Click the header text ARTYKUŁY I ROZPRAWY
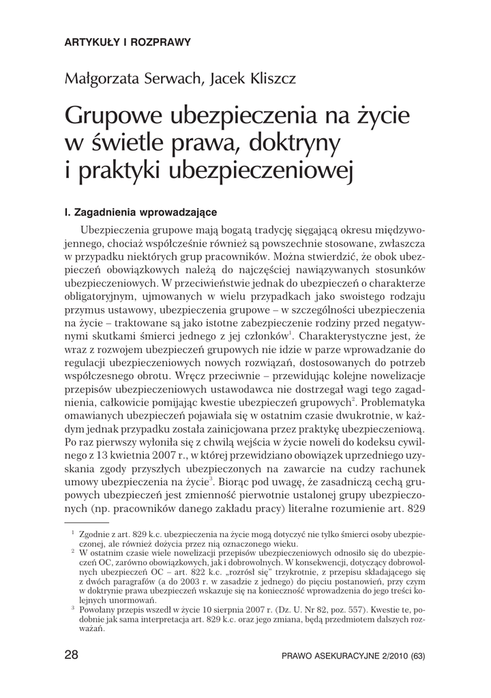coord(126,42)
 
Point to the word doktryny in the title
coord(303,144)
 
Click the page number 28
coord(71,656)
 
